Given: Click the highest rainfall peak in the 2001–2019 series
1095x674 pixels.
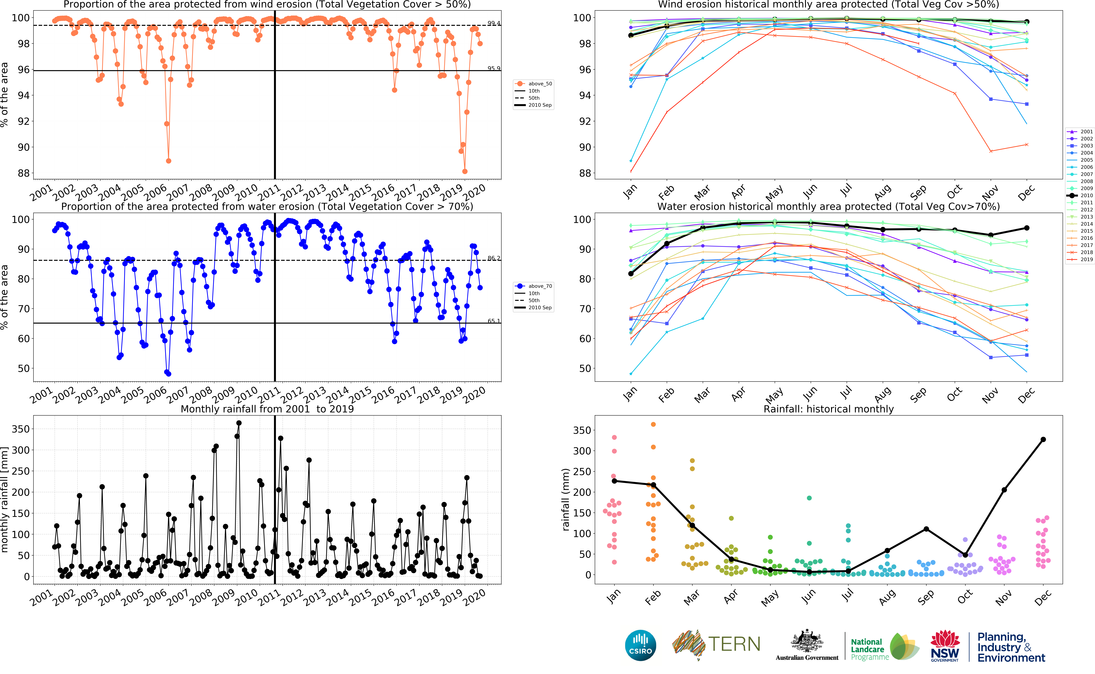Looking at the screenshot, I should coord(239,423).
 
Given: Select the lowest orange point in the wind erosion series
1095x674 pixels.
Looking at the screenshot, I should coord(465,171).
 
